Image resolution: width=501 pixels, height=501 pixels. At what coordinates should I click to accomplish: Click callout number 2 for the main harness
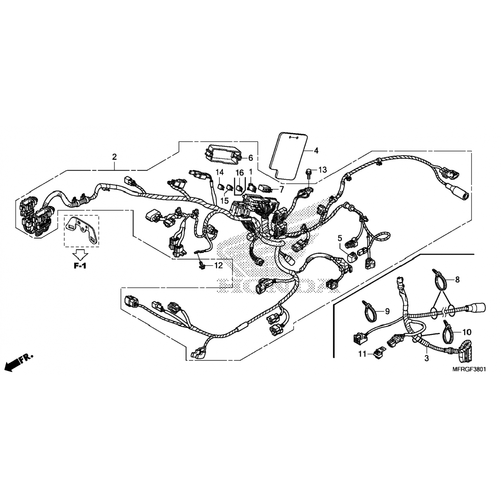point(115,157)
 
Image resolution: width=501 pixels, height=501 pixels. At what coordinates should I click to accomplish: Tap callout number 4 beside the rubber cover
point(316,151)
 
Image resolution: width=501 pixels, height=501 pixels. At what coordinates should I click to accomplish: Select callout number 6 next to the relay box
point(251,158)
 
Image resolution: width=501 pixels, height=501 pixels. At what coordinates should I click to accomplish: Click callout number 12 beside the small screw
point(218,266)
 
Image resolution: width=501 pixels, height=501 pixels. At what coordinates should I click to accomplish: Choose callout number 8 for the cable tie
point(457,280)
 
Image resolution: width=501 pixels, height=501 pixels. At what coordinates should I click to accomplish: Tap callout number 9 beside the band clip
point(387,312)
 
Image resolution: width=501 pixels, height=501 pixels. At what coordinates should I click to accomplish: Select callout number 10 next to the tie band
point(467,332)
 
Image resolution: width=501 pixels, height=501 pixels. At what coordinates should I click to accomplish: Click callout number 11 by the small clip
point(363,354)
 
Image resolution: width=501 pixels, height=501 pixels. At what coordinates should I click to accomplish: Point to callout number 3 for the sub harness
point(427,359)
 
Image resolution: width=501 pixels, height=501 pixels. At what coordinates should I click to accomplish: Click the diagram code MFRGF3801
point(469,370)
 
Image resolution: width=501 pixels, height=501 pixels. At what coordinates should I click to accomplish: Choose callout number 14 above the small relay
point(219,172)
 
